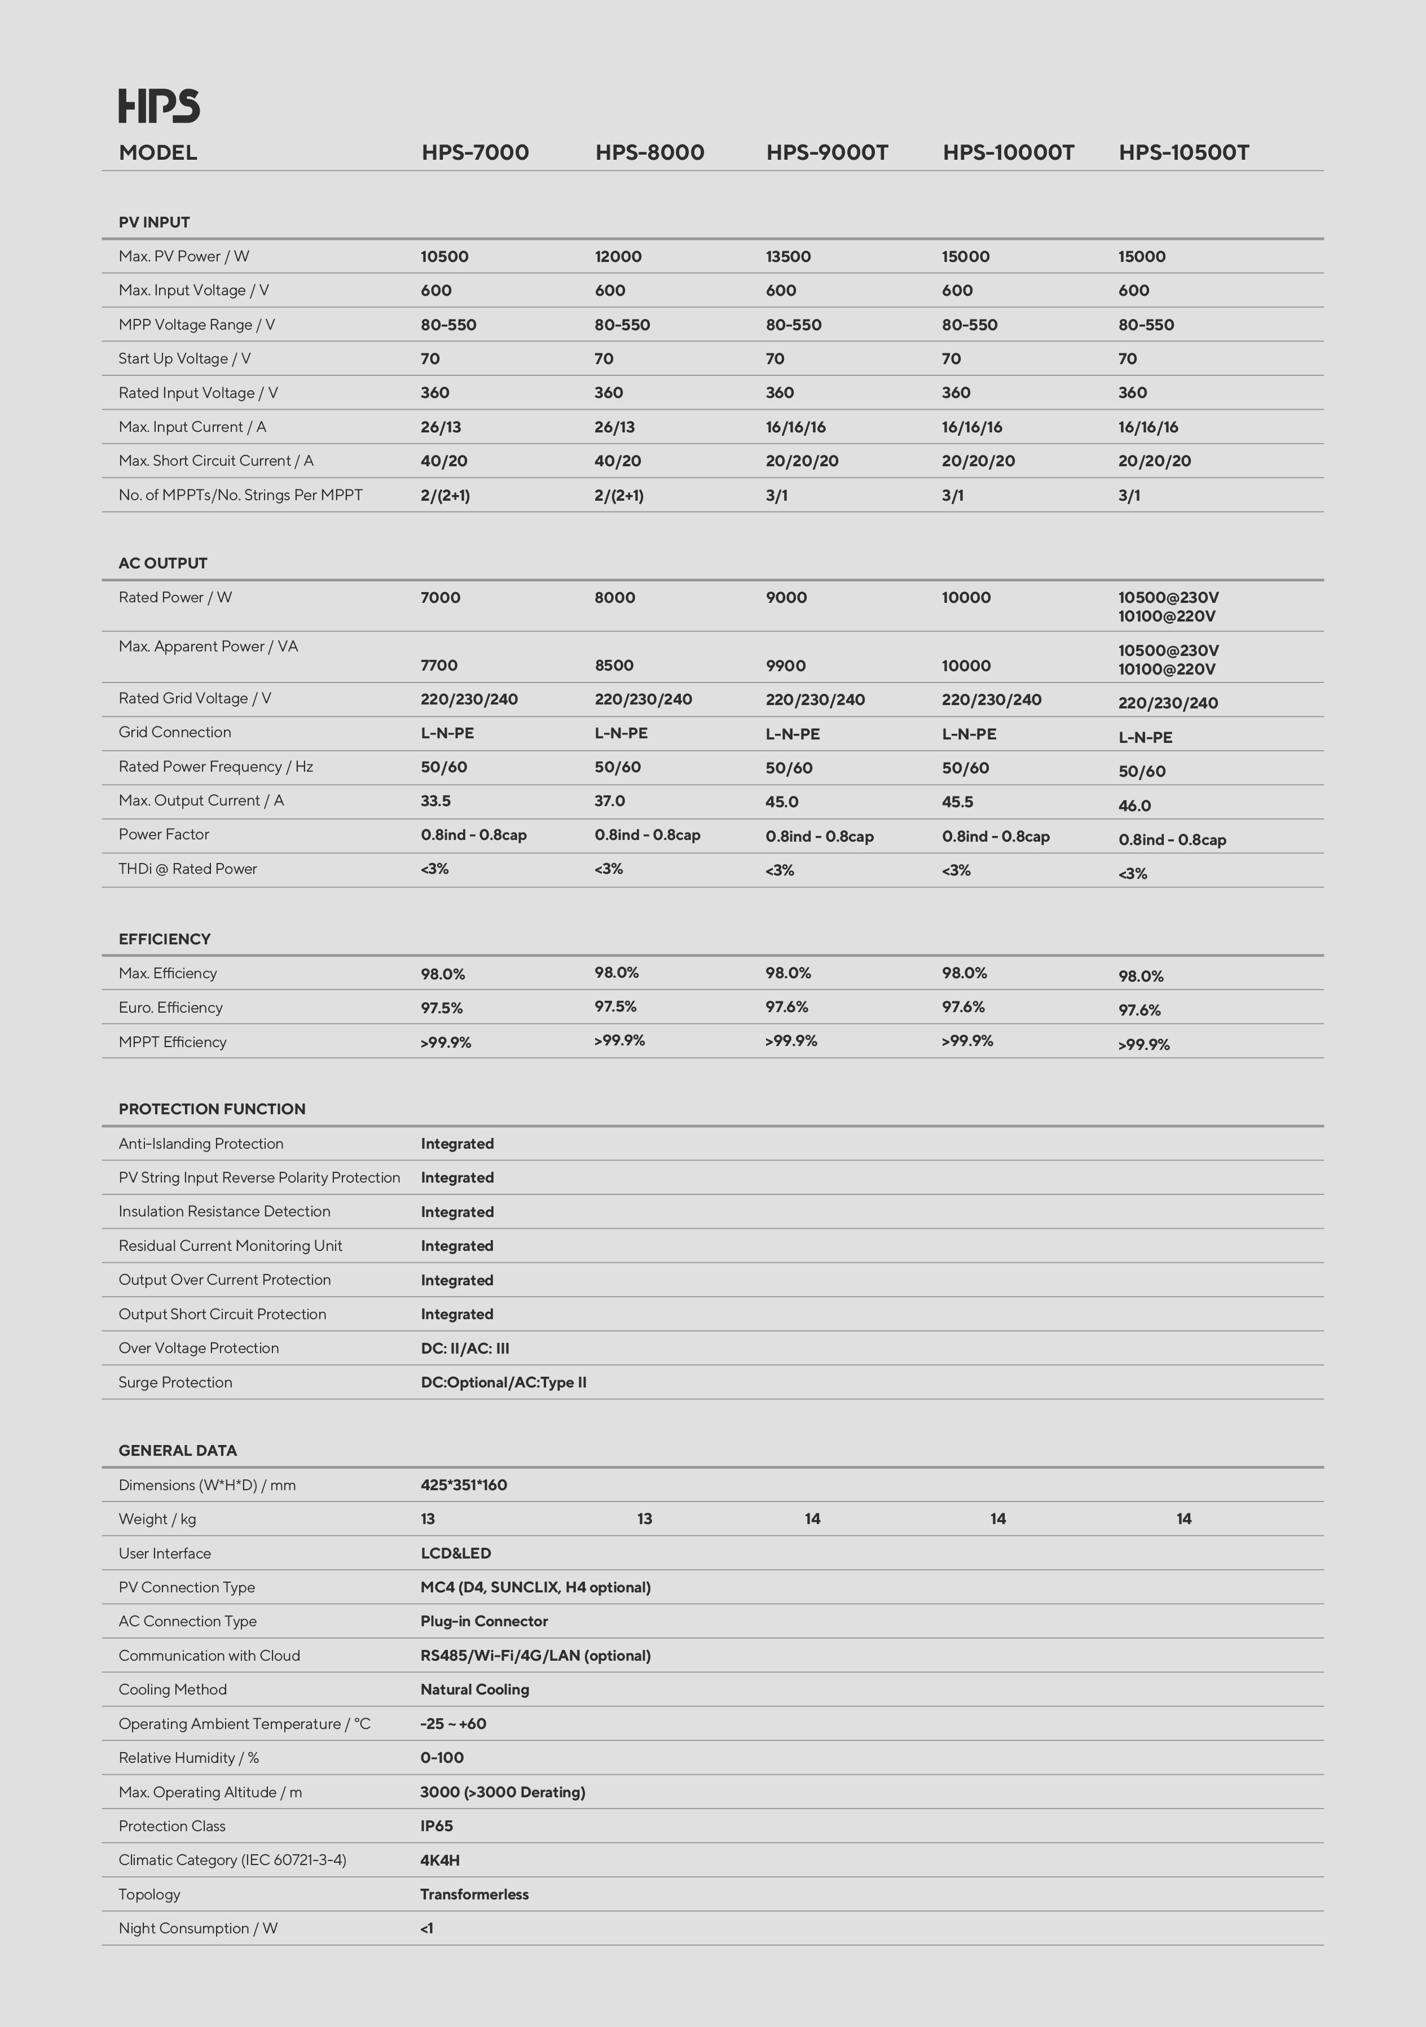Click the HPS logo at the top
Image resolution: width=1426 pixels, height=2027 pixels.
click(x=159, y=106)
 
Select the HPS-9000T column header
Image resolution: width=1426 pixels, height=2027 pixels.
click(x=827, y=153)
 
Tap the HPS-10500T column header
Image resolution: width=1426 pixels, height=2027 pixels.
click(x=1183, y=153)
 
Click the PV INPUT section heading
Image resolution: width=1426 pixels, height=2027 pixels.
click(x=155, y=222)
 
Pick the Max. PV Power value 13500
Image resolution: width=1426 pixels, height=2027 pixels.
click(x=788, y=257)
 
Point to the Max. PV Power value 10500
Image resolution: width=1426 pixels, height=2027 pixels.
click(x=444, y=257)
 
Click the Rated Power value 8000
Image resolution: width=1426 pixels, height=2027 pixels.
click(x=614, y=598)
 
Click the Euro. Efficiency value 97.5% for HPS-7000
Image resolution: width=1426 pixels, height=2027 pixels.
click(x=441, y=1008)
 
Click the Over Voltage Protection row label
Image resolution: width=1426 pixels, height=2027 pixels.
click(x=199, y=1348)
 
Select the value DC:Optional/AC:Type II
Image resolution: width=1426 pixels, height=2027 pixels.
click(x=503, y=1382)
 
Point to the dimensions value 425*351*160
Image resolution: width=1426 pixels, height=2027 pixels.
click(x=463, y=1485)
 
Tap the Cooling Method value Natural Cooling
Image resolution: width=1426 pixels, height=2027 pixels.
click(x=475, y=1690)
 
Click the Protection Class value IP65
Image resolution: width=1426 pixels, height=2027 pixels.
click(x=436, y=1825)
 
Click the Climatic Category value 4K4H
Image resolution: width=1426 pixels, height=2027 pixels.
click(x=439, y=1860)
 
